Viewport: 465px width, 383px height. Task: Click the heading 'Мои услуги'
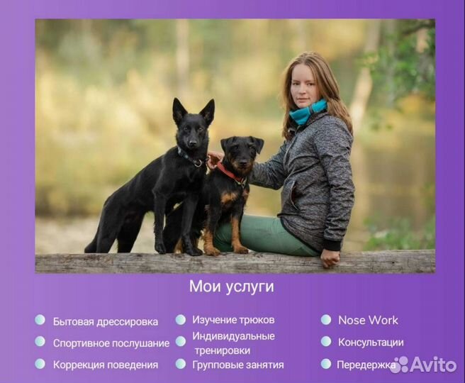231,287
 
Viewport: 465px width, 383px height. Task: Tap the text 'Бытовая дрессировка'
106,321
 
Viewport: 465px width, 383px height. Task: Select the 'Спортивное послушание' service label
111,343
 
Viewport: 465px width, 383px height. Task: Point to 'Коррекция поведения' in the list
106,365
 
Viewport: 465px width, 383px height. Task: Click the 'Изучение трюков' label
233,320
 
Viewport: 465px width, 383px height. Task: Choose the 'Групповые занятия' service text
238,365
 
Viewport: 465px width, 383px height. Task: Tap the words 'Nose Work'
368,320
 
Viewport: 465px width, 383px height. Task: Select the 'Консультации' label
371,343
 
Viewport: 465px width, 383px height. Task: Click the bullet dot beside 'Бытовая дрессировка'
40,320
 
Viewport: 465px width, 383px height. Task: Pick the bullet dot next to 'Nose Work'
325,320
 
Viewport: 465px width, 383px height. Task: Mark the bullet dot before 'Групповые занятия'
181,364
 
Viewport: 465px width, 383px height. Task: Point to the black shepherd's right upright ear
208,110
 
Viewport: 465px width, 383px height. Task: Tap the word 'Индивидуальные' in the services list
233,336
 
